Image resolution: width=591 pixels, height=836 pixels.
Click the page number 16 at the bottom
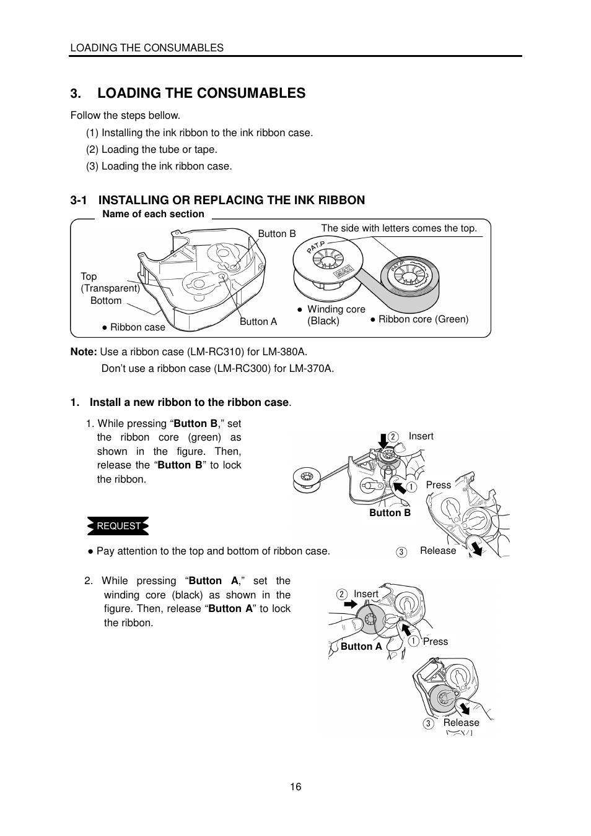coord(295,786)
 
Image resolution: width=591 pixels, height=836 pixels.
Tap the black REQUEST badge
coord(118,526)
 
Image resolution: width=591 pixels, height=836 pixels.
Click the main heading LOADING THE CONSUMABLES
coord(201,93)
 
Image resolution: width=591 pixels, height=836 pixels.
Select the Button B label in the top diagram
coord(277,233)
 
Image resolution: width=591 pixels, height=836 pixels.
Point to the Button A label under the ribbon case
coord(258,321)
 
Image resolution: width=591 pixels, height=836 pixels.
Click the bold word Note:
coord(84,351)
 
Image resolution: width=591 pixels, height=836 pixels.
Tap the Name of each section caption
coord(153,214)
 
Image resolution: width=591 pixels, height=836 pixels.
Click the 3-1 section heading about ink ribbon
coord(217,200)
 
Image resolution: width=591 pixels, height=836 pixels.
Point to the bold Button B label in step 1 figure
coord(390,512)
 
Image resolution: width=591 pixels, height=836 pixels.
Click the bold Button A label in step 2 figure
coord(361,646)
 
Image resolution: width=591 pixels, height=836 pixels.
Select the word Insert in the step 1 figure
coord(421,436)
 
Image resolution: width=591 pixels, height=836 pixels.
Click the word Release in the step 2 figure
coord(461,722)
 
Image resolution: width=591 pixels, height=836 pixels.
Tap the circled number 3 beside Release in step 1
coord(401,551)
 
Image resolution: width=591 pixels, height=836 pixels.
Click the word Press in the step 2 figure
coord(436,641)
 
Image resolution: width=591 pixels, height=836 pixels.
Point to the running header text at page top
coord(147,48)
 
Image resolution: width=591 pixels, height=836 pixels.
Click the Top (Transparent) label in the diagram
coord(110,282)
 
